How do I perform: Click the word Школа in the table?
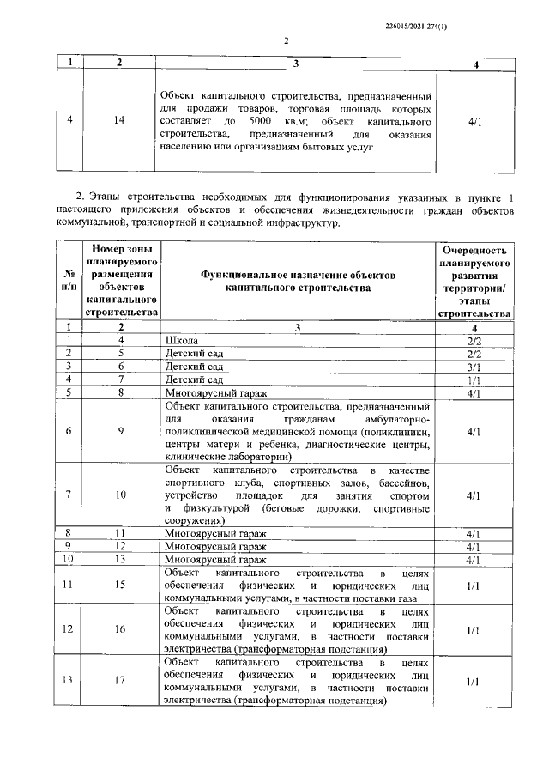tap(179, 341)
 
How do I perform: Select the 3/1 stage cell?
tap(474, 366)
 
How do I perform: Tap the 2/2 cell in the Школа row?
tap(474, 341)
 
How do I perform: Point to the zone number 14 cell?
tap(121, 121)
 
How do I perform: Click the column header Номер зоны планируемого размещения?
tap(121, 280)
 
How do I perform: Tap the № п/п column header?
tap(69, 280)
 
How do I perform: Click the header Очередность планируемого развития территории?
tap(474, 280)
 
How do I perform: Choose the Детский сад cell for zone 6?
tap(193, 366)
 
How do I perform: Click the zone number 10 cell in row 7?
tap(121, 495)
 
